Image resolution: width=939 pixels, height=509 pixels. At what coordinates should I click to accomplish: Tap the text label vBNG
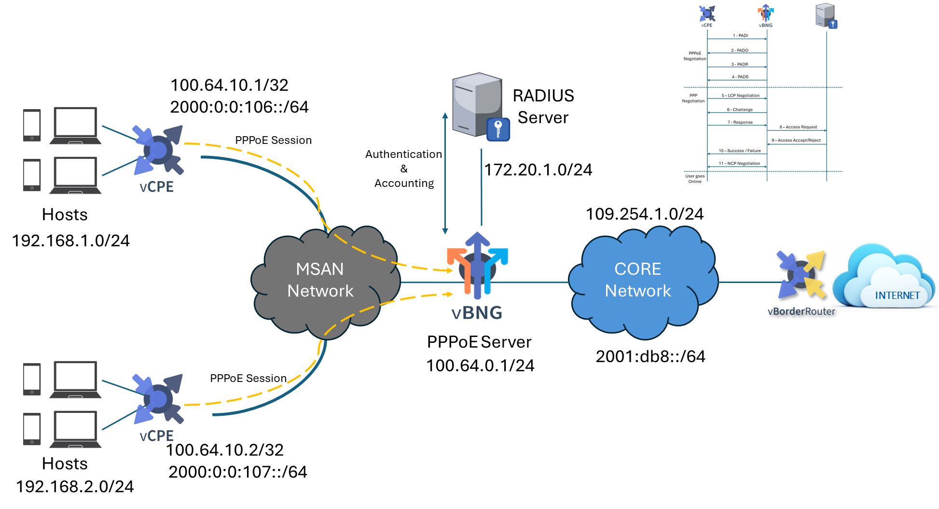477,313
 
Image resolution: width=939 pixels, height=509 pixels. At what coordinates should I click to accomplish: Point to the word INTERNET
897,296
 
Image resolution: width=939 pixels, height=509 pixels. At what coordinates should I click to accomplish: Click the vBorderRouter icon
801,274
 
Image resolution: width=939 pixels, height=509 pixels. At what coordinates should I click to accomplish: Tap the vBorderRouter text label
801,311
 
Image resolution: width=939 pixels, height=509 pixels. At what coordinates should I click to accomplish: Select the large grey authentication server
477,104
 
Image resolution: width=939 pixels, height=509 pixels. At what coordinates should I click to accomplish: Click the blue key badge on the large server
498,129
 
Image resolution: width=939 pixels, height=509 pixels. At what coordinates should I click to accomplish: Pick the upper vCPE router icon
158,150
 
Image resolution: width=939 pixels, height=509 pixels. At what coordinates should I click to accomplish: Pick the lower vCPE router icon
158,399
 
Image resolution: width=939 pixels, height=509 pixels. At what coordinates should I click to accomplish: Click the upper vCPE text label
156,187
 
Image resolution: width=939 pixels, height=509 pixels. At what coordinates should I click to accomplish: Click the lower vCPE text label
156,436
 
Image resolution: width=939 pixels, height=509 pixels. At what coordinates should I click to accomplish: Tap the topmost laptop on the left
75,125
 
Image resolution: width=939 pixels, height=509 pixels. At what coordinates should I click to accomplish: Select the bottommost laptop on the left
75,429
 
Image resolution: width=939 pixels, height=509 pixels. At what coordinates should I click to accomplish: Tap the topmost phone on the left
32,125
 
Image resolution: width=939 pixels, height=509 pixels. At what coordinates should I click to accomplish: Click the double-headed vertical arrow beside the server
445,174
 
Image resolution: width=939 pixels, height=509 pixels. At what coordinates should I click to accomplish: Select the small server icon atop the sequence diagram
826,15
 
